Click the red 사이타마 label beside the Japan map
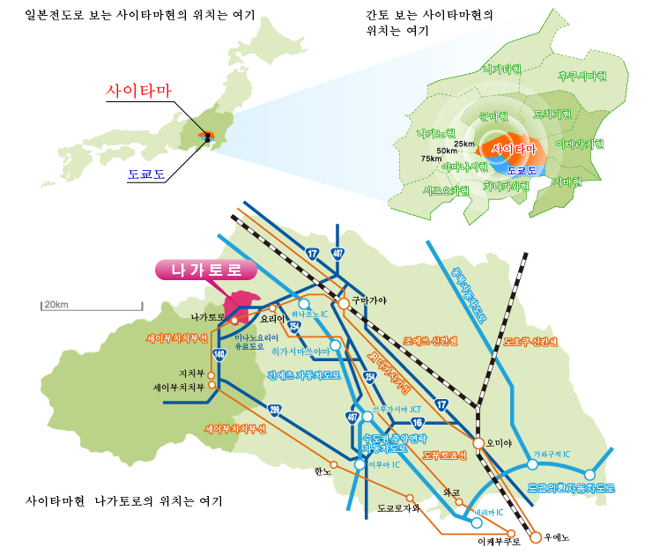(138, 91)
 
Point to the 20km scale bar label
(56, 305)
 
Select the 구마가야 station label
(369, 300)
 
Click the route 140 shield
(219, 354)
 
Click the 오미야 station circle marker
(478, 443)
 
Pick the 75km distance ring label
(431, 159)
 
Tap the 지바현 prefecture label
(567, 181)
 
